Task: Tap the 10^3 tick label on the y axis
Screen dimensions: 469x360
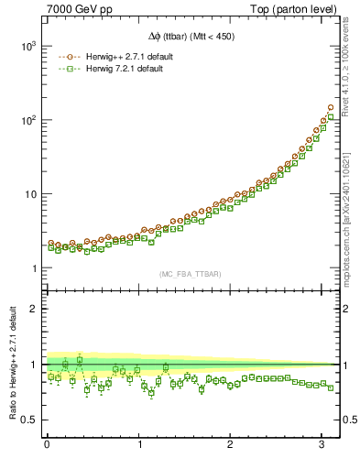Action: [27, 46]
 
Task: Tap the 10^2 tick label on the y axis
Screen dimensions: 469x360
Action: [27, 120]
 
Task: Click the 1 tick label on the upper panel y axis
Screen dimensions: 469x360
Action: [32, 268]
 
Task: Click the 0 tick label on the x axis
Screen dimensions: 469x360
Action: [47, 445]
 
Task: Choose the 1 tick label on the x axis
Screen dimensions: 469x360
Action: [139, 445]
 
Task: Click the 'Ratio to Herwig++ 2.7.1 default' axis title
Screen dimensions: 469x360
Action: [10, 364]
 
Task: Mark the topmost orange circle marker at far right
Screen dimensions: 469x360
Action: [330, 107]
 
